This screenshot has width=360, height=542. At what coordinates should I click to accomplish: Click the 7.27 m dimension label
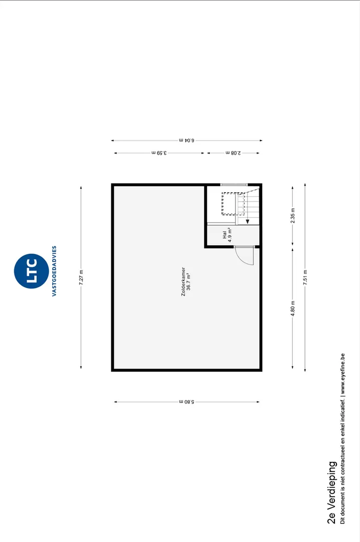coord(81,277)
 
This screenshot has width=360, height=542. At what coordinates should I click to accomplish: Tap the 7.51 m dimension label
coord(305,277)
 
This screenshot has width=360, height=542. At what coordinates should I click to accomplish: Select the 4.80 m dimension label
coord(293,308)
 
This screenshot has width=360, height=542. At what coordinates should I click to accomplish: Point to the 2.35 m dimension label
coord(293,215)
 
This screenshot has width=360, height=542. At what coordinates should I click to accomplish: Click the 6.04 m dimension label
coord(187,141)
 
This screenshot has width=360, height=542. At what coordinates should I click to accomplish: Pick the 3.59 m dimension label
coord(159,153)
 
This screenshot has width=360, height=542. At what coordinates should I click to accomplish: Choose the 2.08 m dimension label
coord(233,153)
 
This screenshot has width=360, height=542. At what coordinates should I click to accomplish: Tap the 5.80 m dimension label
coord(187,402)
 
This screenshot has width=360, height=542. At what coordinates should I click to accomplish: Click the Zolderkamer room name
coord(184,282)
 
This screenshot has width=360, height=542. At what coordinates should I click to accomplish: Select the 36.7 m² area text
coord(189,282)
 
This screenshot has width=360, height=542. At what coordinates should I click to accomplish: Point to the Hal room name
coord(225,235)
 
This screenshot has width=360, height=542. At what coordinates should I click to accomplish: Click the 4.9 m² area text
coord(230,235)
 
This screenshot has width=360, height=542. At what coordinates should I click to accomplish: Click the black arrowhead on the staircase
coord(247,222)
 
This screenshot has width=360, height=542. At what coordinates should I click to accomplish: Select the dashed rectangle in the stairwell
coord(233,204)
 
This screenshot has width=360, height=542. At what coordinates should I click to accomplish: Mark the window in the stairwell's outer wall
coord(234,185)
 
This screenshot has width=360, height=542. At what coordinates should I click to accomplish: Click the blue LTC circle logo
coord(32,271)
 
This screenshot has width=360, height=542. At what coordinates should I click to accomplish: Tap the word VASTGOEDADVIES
coord(54,271)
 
